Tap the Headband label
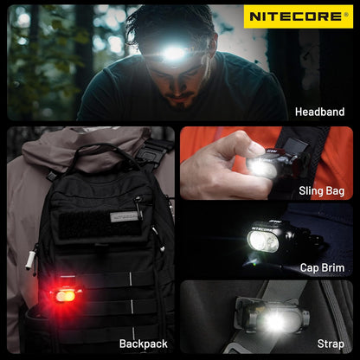(319, 112)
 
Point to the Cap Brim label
(322, 268)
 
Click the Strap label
(330, 344)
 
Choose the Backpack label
(144, 344)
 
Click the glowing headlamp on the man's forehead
(174, 53)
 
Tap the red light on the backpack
(64, 295)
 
